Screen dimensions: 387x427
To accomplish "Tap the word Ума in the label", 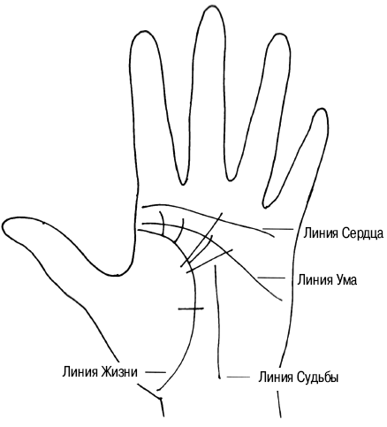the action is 346,279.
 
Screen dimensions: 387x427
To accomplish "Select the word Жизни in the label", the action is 119,371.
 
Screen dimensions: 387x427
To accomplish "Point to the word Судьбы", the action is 317,377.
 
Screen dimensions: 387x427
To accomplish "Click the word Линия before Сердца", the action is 322,233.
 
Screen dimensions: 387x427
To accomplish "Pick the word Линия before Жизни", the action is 80,371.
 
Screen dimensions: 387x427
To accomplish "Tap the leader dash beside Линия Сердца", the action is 277,229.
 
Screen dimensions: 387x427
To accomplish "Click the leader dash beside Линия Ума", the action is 271,278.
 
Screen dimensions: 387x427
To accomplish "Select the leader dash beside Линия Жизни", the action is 156,372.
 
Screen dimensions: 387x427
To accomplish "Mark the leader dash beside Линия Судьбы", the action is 239,377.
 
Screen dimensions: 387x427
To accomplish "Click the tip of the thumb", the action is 3,226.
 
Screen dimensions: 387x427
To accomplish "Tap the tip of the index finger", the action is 143,30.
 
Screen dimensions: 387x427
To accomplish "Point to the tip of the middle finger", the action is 212,6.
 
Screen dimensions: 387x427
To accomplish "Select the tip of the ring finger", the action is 280,34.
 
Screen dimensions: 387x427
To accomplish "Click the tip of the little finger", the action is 321,109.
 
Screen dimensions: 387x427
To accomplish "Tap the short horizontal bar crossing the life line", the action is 191,309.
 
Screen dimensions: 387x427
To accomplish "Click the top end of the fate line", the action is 216,265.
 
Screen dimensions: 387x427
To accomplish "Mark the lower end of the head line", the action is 282,301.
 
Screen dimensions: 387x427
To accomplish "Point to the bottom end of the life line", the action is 157,390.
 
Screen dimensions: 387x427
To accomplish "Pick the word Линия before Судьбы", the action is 276,377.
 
